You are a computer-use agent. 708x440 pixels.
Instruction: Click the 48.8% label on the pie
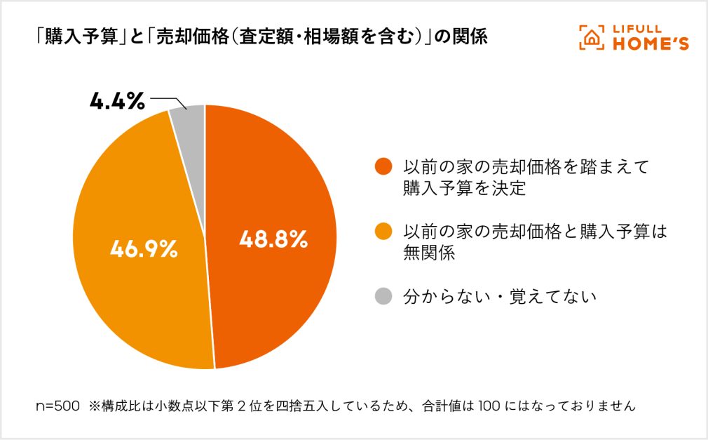click(x=273, y=240)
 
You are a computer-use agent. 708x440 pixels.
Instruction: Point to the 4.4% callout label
click(x=117, y=102)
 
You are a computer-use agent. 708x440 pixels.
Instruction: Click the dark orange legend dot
click(x=383, y=168)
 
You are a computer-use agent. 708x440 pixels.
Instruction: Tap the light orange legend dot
click(x=383, y=232)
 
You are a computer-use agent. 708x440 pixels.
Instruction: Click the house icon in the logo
click(x=592, y=38)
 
